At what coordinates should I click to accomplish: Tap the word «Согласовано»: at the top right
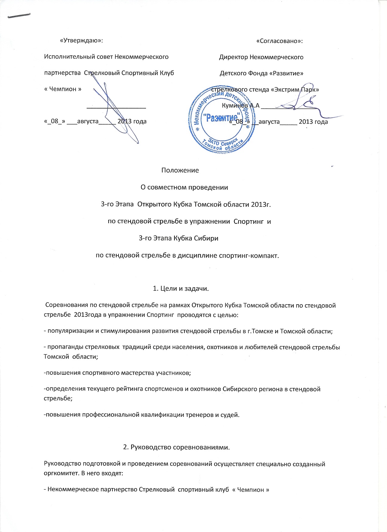pyautogui.click(x=279, y=41)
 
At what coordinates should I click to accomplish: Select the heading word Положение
pyautogui.click(x=180, y=170)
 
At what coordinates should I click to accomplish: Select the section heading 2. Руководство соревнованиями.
pyautogui.click(x=176, y=447)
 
